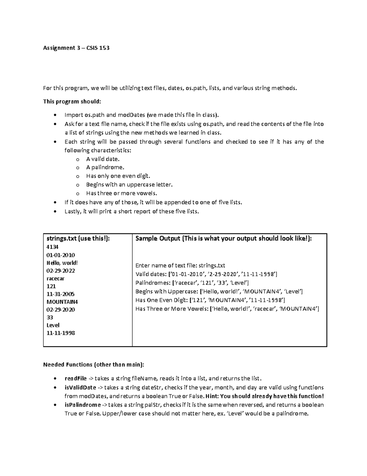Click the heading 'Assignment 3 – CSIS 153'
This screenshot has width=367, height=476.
(76, 48)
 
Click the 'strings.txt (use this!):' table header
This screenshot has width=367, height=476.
(78, 238)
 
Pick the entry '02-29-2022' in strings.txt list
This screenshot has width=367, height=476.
(61, 271)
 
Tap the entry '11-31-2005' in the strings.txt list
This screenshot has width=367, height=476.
(60, 294)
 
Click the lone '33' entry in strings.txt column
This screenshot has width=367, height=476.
(50, 317)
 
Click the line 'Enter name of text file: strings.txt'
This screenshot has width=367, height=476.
(180, 265)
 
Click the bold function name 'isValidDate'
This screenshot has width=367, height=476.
(80, 387)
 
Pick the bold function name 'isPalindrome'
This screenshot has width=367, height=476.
(83, 405)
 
